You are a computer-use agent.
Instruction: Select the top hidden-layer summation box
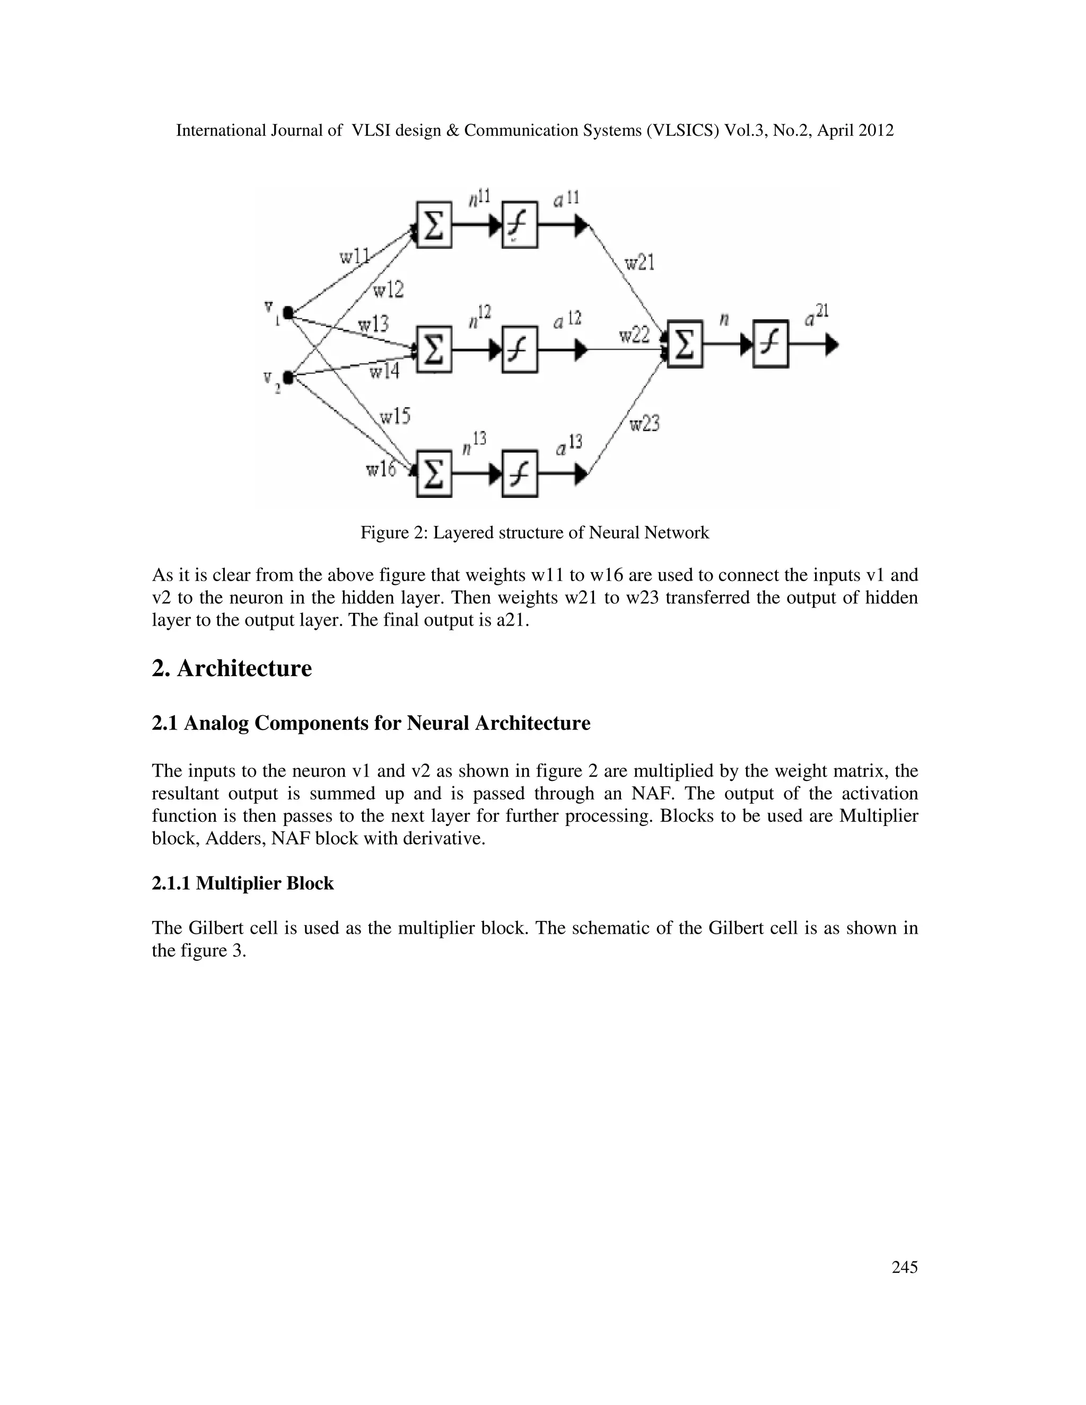pos(434,224)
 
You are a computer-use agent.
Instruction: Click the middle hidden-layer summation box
pos(434,349)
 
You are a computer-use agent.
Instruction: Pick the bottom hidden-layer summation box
pos(434,474)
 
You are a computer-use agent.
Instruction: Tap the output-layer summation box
pos(685,345)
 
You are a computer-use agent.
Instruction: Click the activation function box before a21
pos(770,345)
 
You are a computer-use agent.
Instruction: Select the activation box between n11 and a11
pos(520,224)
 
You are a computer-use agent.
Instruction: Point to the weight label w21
pos(639,262)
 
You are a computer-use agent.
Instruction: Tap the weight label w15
pos(395,417)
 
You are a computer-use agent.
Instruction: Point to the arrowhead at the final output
pos(832,345)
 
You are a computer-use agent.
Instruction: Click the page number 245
pos(904,1267)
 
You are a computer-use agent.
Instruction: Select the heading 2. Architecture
pos(232,669)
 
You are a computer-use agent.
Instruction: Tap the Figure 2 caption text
pos(535,533)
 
